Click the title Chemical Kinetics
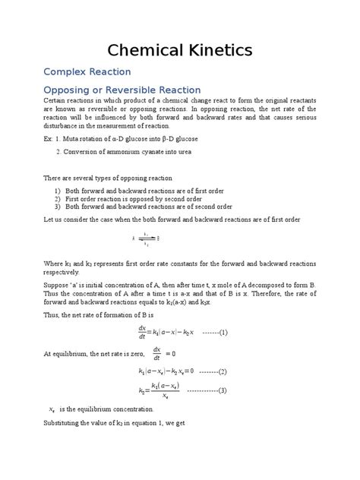(x=179, y=51)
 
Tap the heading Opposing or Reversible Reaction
(x=122, y=90)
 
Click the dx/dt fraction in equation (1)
(x=142, y=332)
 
